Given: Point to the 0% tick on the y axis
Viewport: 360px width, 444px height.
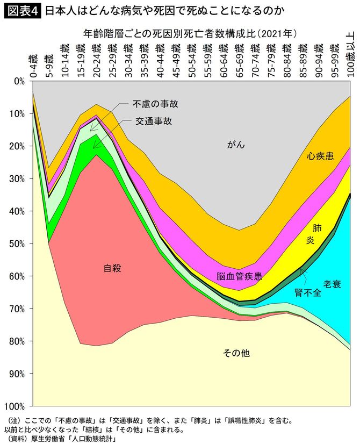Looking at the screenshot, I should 19,81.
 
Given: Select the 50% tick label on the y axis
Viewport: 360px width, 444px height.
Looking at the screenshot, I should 17,244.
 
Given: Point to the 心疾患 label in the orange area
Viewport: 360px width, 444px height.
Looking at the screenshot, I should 320,156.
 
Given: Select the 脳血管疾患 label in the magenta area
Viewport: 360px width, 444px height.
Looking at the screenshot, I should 240,277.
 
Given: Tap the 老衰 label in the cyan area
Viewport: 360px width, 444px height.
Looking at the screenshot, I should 332,283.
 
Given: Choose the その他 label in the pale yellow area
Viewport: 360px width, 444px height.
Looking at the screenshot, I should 236,353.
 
